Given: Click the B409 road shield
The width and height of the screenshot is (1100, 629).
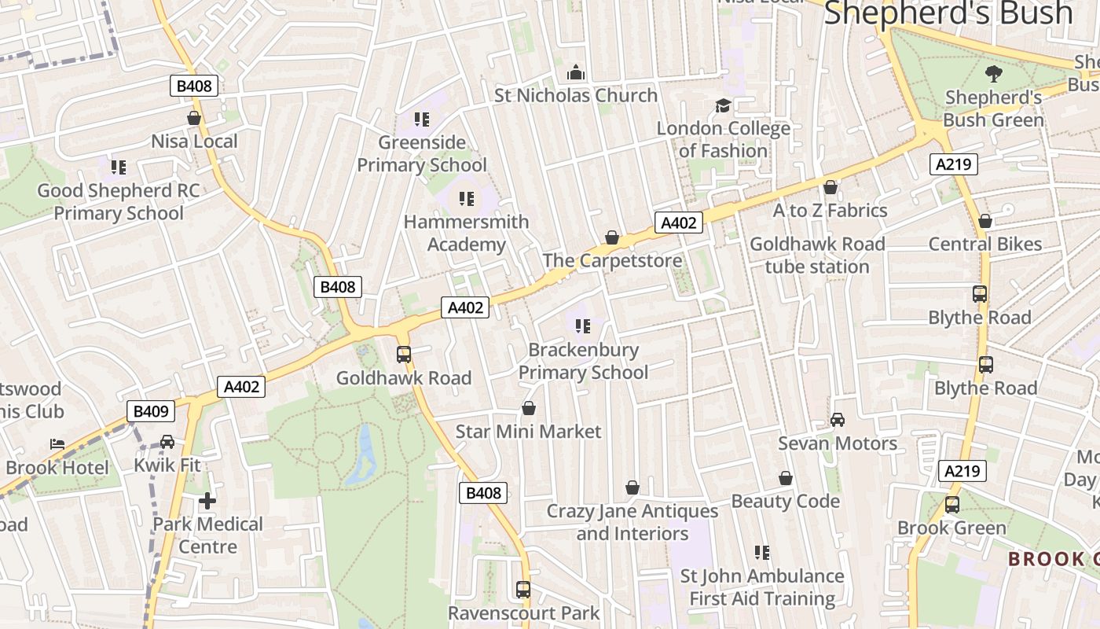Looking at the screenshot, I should (x=150, y=411).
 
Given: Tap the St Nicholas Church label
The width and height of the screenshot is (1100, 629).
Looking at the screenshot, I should (x=576, y=95).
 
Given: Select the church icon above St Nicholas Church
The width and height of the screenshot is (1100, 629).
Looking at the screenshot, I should (x=576, y=72).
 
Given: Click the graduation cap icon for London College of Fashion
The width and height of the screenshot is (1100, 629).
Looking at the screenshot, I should (x=722, y=105).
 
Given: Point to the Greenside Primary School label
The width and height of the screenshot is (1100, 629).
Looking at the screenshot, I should (x=422, y=153).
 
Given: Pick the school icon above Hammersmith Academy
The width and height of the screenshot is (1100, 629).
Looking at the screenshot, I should (x=467, y=198).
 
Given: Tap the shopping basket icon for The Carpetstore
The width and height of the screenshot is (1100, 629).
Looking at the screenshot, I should (x=611, y=237).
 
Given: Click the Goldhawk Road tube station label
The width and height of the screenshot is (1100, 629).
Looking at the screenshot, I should (x=817, y=255).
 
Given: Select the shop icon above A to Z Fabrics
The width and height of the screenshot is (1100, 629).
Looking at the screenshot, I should (x=830, y=187).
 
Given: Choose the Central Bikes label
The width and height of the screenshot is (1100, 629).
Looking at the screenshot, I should (x=985, y=244).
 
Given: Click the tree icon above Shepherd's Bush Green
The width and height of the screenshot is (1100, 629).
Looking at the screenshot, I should (x=994, y=74).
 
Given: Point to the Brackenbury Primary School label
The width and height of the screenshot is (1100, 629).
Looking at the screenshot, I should (x=583, y=361).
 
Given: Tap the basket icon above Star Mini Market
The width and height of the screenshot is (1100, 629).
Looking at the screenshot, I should (x=529, y=409).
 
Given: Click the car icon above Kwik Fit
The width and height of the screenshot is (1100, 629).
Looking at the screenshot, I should (x=167, y=442).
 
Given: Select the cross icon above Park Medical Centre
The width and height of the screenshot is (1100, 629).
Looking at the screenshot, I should (x=207, y=500).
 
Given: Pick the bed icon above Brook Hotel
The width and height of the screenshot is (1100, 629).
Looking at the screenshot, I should (x=57, y=444).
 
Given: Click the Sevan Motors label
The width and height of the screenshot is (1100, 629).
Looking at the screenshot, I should (x=838, y=443).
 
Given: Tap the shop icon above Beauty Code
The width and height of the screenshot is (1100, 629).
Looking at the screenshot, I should (x=786, y=478).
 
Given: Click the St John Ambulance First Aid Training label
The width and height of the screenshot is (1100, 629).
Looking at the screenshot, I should (x=762, y=587).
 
